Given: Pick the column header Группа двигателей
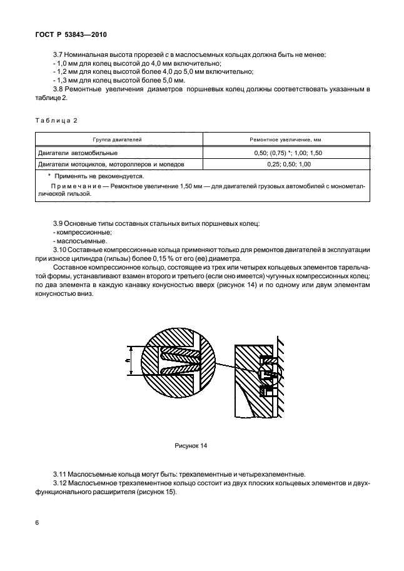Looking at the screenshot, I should [x=118, y=140].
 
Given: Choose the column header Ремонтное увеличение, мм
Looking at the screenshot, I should [x=286, y=140].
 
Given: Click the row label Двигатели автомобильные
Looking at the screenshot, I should [x=78, y=153].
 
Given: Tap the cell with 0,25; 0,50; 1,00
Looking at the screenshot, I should [x=286, y=164].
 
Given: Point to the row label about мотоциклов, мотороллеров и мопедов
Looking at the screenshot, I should [x=111, y=164].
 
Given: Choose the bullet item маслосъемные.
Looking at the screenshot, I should [x=74, y=241].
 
